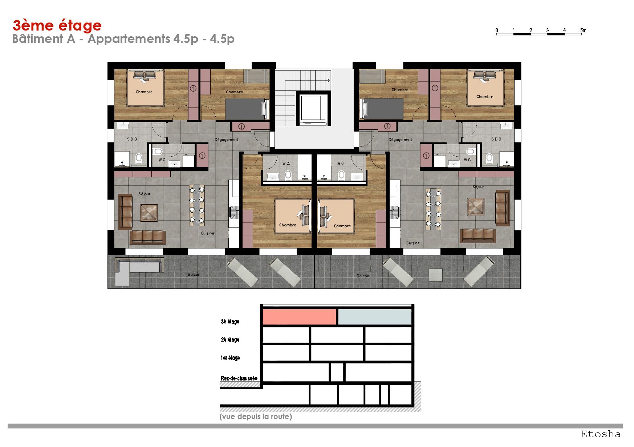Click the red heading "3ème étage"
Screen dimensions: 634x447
click(x=57, y=26)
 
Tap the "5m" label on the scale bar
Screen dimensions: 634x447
click(x=583, y=30)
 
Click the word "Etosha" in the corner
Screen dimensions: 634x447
click(x=601, y=434)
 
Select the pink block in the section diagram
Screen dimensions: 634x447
click(x=299, y=317)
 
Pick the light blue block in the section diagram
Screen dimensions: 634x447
click(x=375, y=317)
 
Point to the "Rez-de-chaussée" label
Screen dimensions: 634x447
click(x=239, y=378)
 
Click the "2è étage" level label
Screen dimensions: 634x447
click(x=230, y=339)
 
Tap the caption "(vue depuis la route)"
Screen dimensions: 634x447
click(x=256, y=416)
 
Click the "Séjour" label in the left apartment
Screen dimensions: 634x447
click(x=145, y=194)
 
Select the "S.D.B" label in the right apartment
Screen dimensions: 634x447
click(x=496, y=139)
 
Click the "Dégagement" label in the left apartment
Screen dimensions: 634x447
click(x=226, y=140)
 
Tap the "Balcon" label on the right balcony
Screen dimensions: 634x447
click(x=363, y=276)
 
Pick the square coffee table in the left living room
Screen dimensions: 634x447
click(x=149, y=213)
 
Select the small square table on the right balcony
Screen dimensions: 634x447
click(x=435, y=275)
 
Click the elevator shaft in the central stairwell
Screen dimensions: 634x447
click(x=313, y=108)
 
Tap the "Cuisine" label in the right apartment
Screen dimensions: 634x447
click(x=413, y=243)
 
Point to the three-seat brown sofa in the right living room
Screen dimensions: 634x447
click(x=478, y=235)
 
